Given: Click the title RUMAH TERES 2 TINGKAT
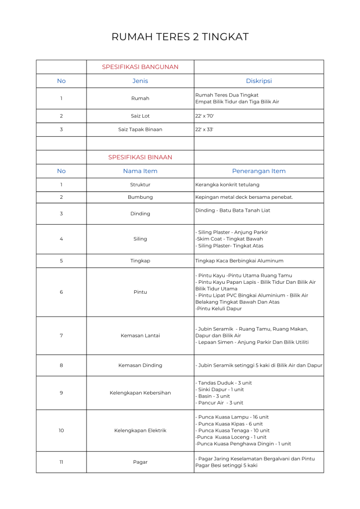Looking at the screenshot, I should point(180,37).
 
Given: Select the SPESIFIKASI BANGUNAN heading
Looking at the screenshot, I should point(140,67).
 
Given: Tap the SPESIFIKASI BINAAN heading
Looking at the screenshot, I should point(140,157).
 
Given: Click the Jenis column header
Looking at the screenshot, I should point(140,81).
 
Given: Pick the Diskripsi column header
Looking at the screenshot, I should point(259,81).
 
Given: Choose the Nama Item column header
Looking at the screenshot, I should point(140,171).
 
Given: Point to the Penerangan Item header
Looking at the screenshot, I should point(259,171).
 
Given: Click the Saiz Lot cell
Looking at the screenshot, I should point(140,116).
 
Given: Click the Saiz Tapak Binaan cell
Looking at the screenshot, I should point(140,129).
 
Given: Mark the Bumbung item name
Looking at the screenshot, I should point(140,197).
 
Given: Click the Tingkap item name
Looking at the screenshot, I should point(140,261).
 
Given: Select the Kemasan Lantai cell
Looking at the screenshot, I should point(140,336).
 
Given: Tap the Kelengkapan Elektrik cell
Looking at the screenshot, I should point(140,430).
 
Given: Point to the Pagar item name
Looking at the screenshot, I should point(140,462).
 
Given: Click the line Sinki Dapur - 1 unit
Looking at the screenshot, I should point(220,390).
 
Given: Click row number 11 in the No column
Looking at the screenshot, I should point(61,462).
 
